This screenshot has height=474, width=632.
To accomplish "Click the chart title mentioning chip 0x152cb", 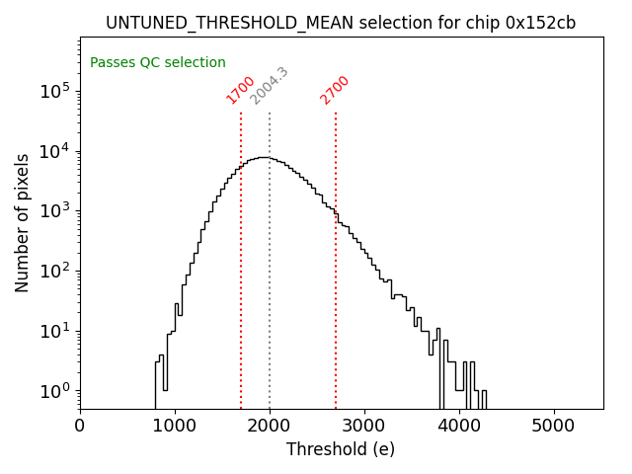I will coord(341,23).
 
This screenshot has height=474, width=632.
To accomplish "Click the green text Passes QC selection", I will coord(158,62).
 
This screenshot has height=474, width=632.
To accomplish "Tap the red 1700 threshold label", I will coord(241,90).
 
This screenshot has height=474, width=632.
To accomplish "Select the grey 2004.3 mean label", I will coord(269,86).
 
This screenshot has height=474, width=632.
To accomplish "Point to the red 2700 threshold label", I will coord(335,90).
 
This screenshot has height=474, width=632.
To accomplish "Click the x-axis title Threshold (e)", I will coord(341,449).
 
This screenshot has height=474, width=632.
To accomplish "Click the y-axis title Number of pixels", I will coord(23,222).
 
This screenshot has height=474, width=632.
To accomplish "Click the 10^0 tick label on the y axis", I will coord(54,391).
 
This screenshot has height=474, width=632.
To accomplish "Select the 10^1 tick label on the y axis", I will coord(54,331).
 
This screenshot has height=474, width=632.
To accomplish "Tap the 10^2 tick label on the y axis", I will coord(54,271).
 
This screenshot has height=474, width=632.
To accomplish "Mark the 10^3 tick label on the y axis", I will coord(54,211).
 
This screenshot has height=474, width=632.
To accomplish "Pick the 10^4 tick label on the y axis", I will coord(54,151).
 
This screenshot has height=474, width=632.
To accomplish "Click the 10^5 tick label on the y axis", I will coord(54,91).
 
